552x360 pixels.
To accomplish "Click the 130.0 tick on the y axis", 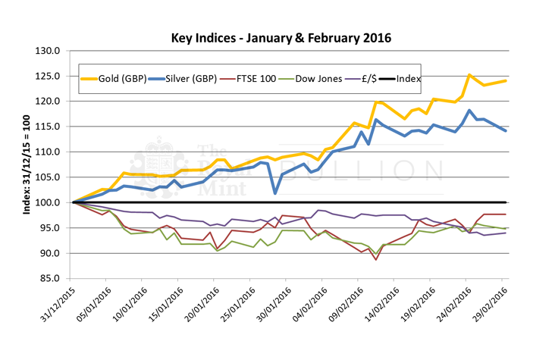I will pyautogui.click(x=49, y=51).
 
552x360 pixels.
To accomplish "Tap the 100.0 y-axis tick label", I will pyautogui.click(x=49, y=202).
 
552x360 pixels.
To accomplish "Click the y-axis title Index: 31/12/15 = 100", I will pyautogui.click(x=25, y=164).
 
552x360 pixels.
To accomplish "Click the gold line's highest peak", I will pyautogui.click(x=470, y=74).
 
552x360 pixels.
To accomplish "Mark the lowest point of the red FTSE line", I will pyautogui.click(x=376, y=259).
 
